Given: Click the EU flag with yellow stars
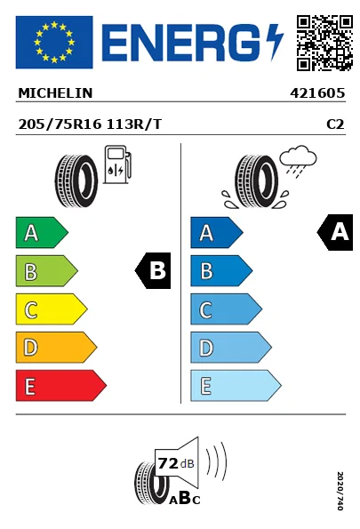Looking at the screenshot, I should tap(54, 42).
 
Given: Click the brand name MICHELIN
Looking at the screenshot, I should tap(55, 92).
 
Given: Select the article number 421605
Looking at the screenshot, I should tap(317, 92).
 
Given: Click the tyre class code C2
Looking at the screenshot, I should tap(335, 124).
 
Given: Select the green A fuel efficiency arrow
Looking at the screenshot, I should tap(41, 233).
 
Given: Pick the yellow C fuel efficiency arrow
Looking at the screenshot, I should tap(51, 309).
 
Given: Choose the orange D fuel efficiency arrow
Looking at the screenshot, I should tap(55, 348).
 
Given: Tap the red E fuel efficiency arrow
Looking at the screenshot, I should tap(60, 386).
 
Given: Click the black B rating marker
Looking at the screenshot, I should tap(154, 271).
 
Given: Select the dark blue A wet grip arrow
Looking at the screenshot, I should tap(216, 233).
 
